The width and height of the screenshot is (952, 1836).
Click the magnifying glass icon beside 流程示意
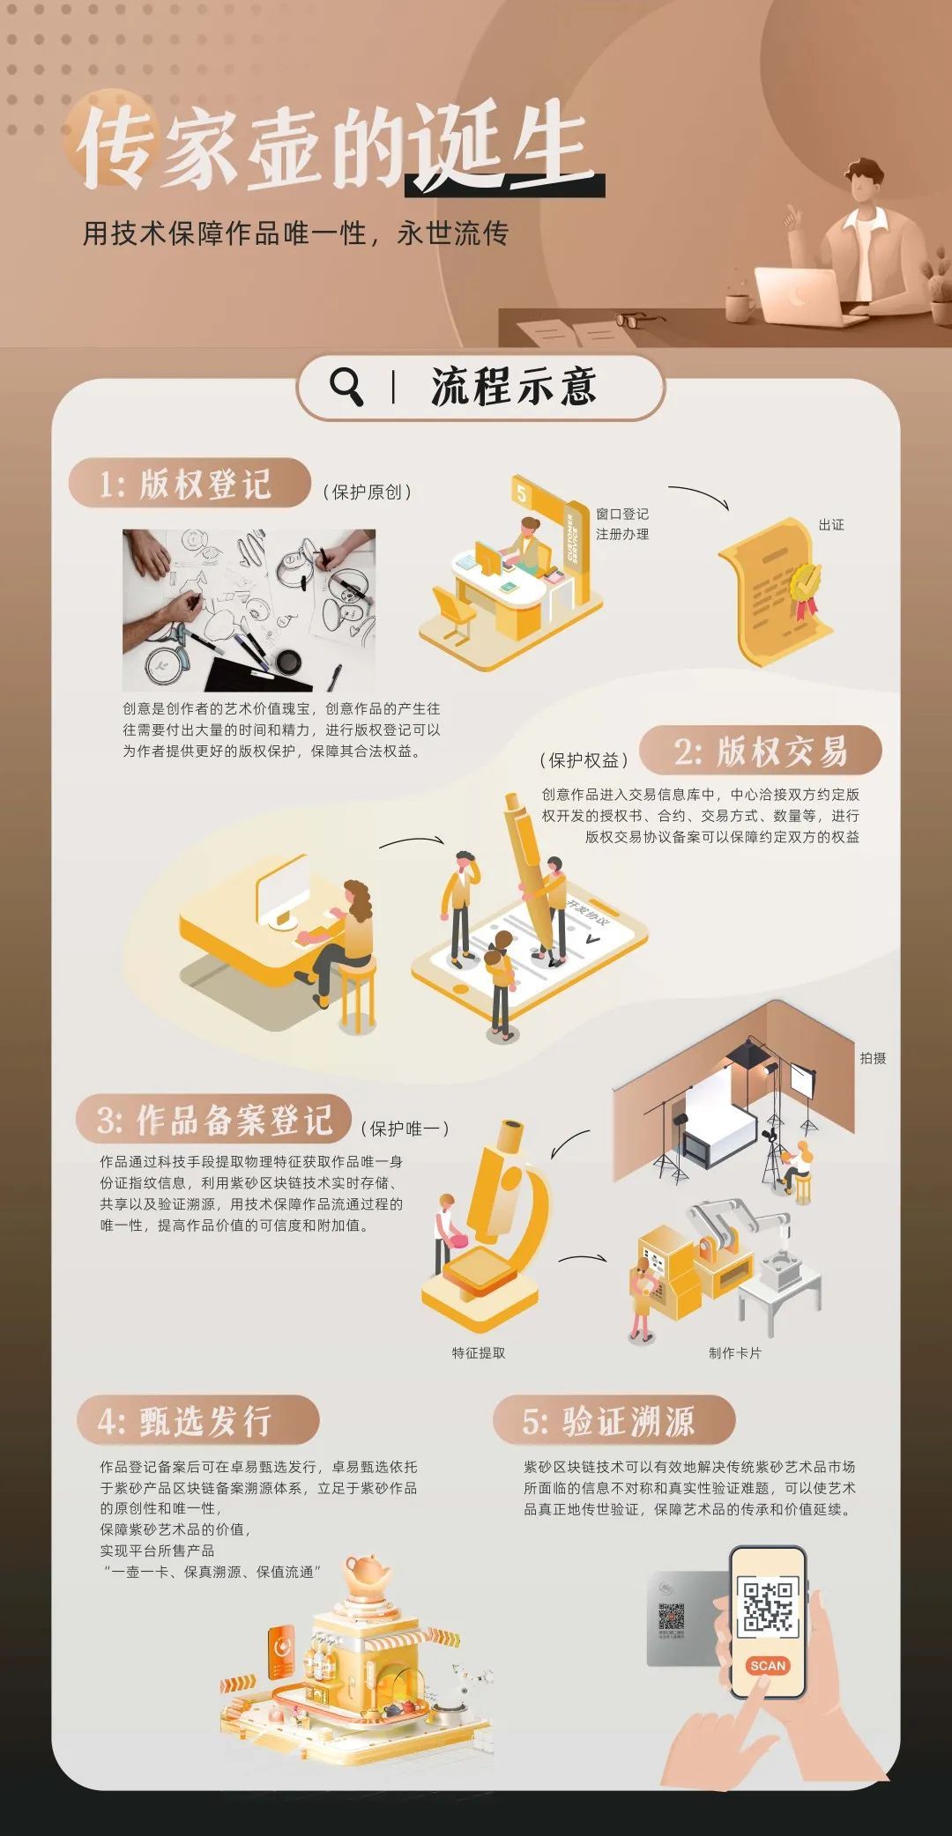click(x=346, y=386)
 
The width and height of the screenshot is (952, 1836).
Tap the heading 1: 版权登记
click(x=187, y=484)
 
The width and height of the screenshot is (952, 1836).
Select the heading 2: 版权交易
click(x=760, y=751)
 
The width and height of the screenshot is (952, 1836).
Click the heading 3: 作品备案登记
click(x=214, y=1121)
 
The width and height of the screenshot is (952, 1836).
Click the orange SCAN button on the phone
click(x=767, y=1665)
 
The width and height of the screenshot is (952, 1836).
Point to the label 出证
click(x=830, y=525)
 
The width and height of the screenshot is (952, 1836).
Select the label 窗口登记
click(x=621, y=514)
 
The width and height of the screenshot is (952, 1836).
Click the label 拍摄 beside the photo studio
click(x=873, y=1058)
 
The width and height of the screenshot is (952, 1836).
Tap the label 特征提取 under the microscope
click(x=479, y=1353)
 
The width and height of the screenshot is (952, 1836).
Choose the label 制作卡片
click(x=734, y=1353)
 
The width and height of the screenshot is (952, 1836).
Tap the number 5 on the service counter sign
click(x=522, y=493)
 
